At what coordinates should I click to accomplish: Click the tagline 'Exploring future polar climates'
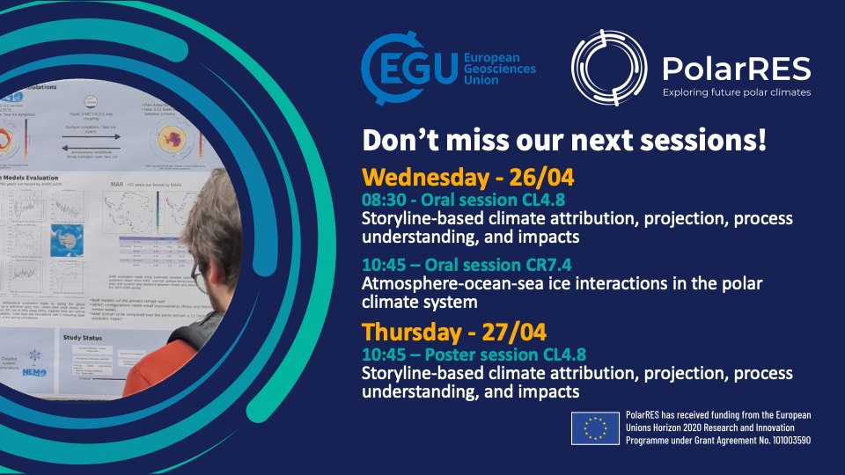(736, 91)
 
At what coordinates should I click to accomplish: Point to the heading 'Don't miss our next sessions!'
(564, 140)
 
